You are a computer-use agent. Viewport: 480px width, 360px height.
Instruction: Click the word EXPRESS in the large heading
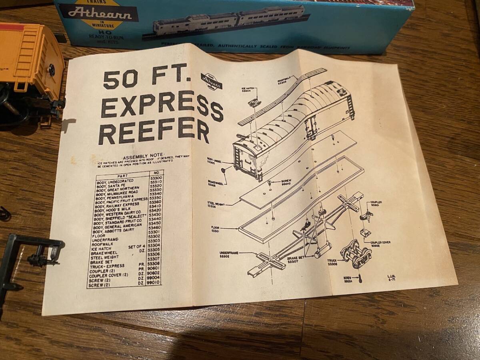[162, 106]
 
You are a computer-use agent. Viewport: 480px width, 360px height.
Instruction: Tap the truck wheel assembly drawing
[355, 252]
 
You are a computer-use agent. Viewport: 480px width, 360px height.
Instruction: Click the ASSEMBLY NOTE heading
[143, 155]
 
